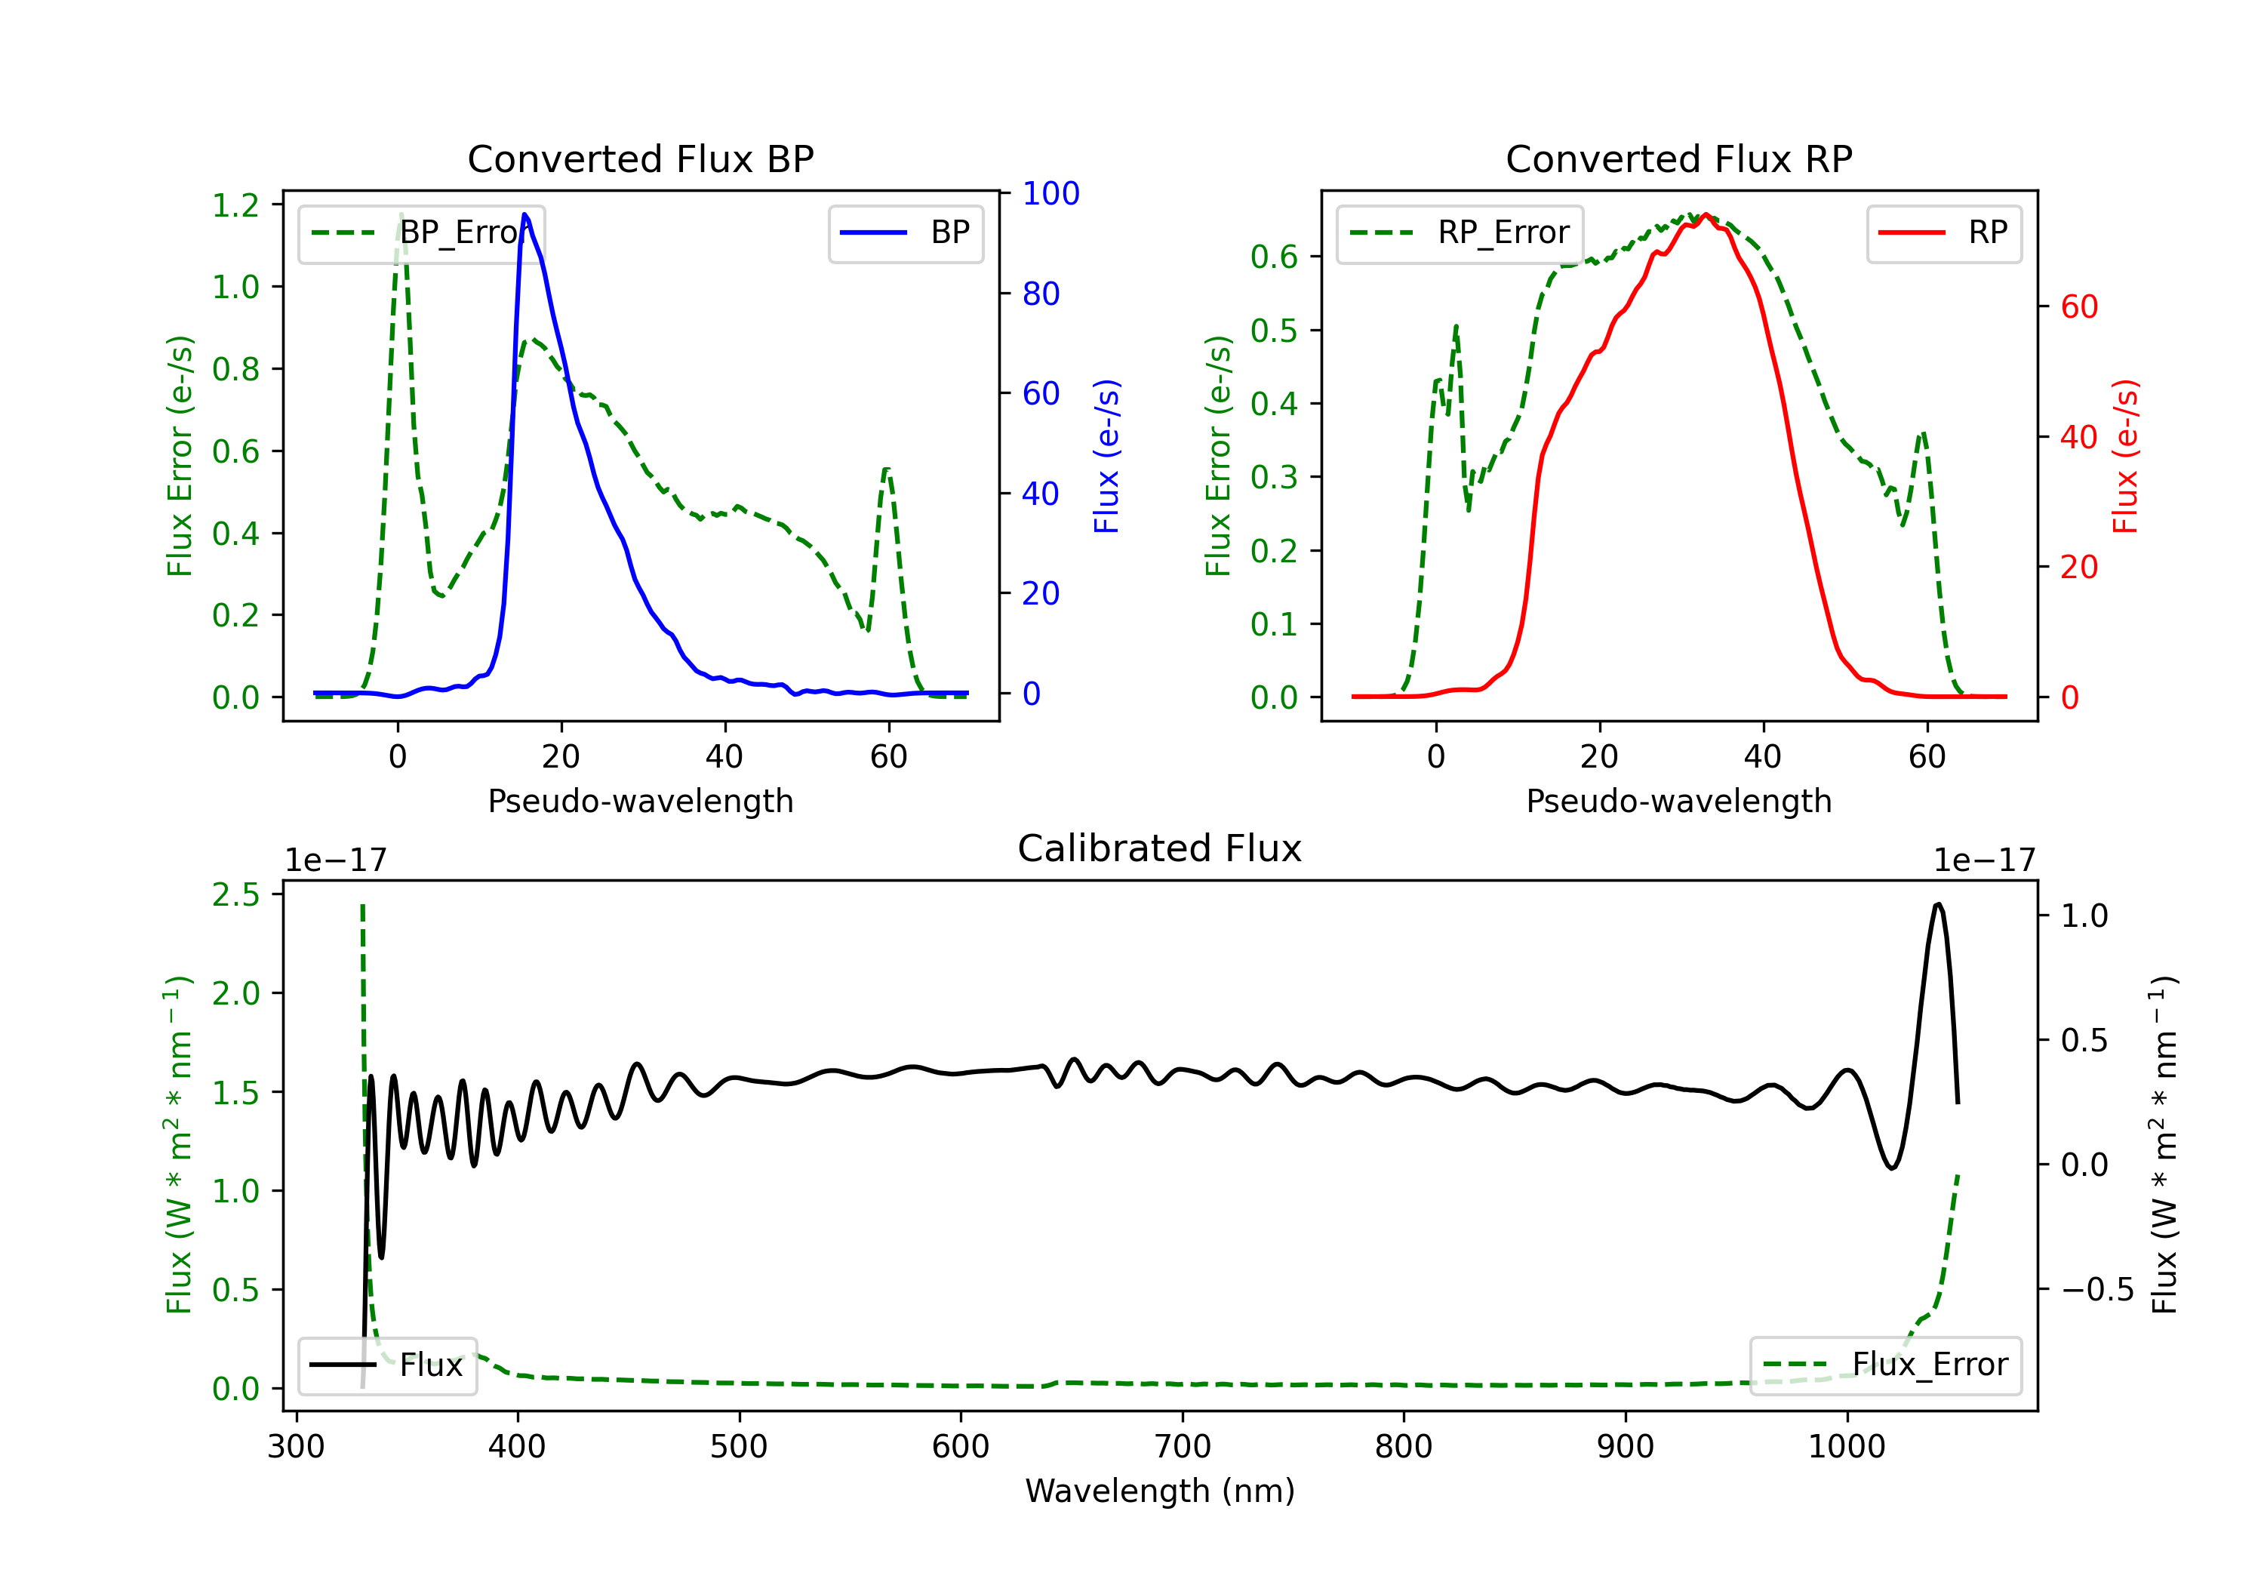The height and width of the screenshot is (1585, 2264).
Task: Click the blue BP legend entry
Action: pyautogui.click(x=905, y=232)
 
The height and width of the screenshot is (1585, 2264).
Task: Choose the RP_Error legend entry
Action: pyautogui.click(x=1460, y=232)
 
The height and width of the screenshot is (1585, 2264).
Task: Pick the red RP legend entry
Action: pyautogui.click(x=1943, y=232)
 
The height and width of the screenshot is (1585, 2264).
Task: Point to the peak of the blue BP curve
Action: pyautogui.click(x=524, y=214)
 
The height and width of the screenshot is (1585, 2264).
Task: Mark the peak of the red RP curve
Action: pyautogui.click(x=1706, y=215)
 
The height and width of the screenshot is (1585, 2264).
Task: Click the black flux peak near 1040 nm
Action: pyautogui.click(x=1938, y=903)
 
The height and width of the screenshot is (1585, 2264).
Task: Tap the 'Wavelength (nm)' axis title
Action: pyautogui.click(x=1160, y=1491)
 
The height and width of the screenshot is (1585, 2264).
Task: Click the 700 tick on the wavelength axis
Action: pyautogui.click(x=1183, y=1446)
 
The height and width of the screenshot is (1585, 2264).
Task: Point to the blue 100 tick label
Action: pyautogui.click(x=1050, y=193)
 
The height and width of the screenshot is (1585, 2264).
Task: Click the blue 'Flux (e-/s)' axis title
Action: pyautogui.click(x=1106, y=456)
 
